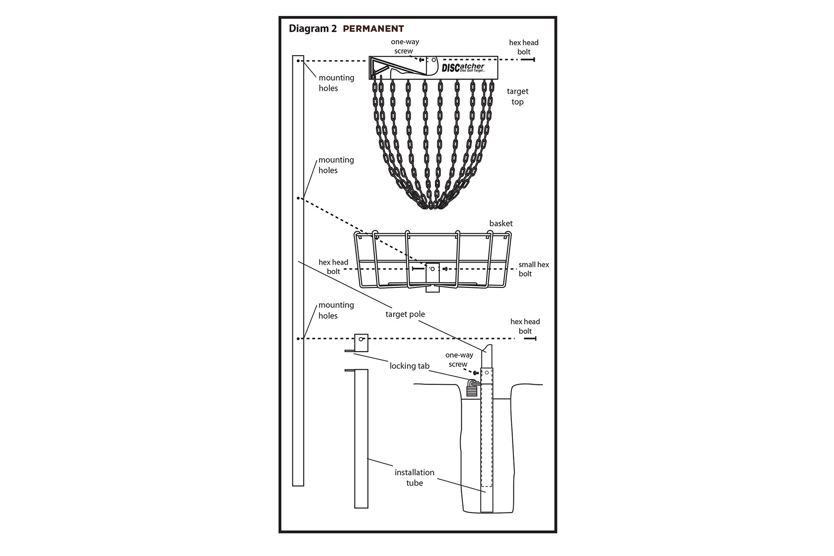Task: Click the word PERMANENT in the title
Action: pos(373,29)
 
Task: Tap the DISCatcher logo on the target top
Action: pos(463,68)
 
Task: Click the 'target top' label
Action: pos(517,96)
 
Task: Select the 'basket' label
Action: pos(501,223)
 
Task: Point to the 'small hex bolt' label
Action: pos(534,269)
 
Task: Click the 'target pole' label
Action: pos(405,314)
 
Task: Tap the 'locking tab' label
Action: pos(410,366)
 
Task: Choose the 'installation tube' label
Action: pos(415,478)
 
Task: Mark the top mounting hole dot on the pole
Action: pos(298,61)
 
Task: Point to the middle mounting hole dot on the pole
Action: pos(298,198)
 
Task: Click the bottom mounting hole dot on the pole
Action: pos(298,339)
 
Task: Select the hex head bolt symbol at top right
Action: pos(528,60)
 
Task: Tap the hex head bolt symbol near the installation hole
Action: pos(530,339)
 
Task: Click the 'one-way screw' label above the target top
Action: pos(405,46)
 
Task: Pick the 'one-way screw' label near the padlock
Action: pos(459,359)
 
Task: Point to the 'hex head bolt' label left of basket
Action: pos(333,267)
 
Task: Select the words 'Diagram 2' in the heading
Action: pos(313,29)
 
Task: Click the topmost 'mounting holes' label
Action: pos(336,83)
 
